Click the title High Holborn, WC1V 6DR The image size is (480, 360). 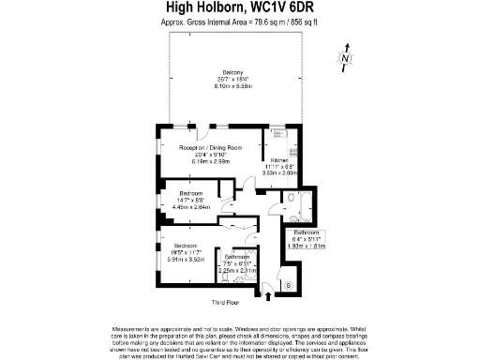pyautogui.click(x=240, y=7)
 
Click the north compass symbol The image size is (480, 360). pyautogui.click(x=346, y=59)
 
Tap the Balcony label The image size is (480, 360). pyautogui.click(x=233, y=72)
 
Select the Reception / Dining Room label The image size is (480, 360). pyautogui.click(x=211, y=147)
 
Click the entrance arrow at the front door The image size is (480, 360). pyautogui.click(x=271, y=297)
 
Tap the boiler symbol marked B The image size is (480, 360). pyautogui.click(x=289, y=284)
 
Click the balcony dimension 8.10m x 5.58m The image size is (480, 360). pyautogui.click(x=233, y=85)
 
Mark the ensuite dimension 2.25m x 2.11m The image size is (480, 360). pyautogui.click(x=236, y=270)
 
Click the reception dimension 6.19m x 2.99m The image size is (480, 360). pyautogui.click(x=211, y=160)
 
